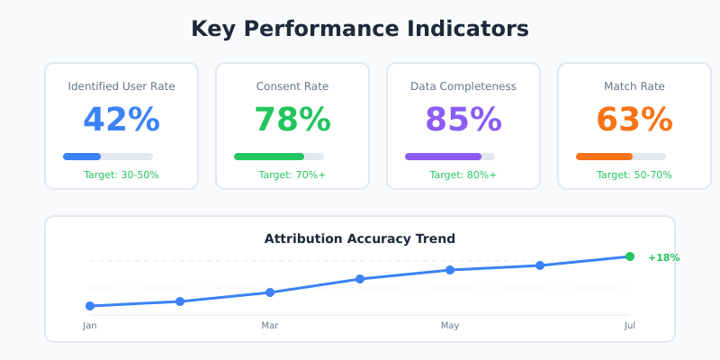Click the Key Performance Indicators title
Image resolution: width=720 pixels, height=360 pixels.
360,29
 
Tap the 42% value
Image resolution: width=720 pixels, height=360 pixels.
121,120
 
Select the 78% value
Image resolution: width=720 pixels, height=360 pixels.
292,120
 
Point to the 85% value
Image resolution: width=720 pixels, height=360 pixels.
463,120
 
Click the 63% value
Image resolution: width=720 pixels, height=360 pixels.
634,120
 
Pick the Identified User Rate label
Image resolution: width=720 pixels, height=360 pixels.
121,86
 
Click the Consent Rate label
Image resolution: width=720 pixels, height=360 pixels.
292,86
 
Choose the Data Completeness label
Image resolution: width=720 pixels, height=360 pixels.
463,86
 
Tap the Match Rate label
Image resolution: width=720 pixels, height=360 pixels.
634,86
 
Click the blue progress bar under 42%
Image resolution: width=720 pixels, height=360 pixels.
82,157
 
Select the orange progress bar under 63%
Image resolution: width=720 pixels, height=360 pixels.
604,157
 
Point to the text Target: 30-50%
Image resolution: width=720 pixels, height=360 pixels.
121,175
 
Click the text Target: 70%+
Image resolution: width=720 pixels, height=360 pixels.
292,175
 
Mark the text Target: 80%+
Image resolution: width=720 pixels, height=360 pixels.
463,175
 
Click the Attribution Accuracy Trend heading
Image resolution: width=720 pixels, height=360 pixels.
360,238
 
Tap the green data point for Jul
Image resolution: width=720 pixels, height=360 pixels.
630,256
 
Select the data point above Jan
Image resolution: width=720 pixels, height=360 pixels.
90,306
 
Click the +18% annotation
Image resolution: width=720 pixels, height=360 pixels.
664,257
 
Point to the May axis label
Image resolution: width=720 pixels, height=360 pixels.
450,325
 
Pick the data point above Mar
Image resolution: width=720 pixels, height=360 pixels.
270,292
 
